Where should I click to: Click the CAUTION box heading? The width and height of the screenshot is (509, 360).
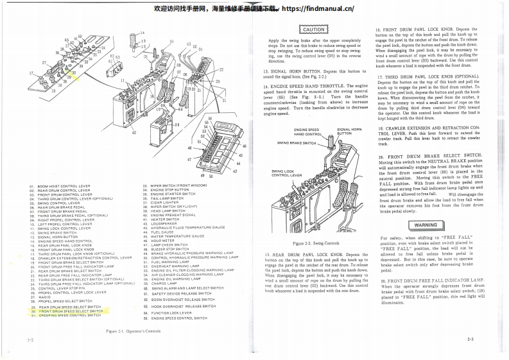[x=313, y=30]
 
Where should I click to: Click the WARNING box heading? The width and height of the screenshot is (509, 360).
[x=409, y=225]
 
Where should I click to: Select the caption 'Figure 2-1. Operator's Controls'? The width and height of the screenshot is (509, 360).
[x=134, y=330]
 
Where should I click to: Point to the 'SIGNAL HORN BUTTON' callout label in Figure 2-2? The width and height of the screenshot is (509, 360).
[x=349, y=132]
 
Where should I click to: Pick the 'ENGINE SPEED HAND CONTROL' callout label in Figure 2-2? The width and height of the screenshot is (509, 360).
[x=307, y=132]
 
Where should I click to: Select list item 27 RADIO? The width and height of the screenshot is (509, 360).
[x=44, y=297]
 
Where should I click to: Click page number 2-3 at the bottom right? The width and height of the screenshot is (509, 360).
[x=470, y=338]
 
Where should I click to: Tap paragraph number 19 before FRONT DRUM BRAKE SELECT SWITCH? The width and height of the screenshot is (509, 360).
[x=381, y=156]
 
